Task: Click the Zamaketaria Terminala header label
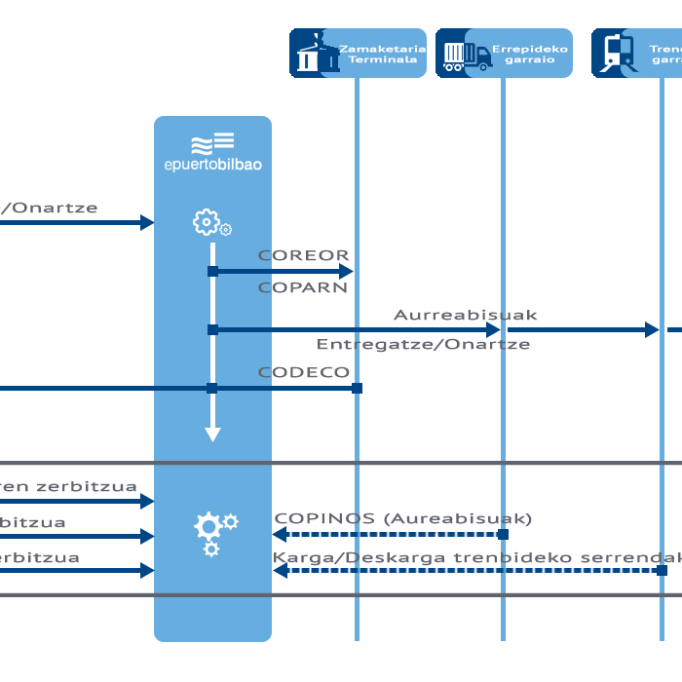383,53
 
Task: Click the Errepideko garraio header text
529,53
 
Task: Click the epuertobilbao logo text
212,165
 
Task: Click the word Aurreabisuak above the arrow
465,315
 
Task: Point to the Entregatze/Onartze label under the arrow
423,345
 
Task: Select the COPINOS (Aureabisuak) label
403,518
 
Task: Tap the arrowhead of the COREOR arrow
346,271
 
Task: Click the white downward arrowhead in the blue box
212,434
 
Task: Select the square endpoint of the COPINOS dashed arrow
503,534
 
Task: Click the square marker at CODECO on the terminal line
357,388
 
